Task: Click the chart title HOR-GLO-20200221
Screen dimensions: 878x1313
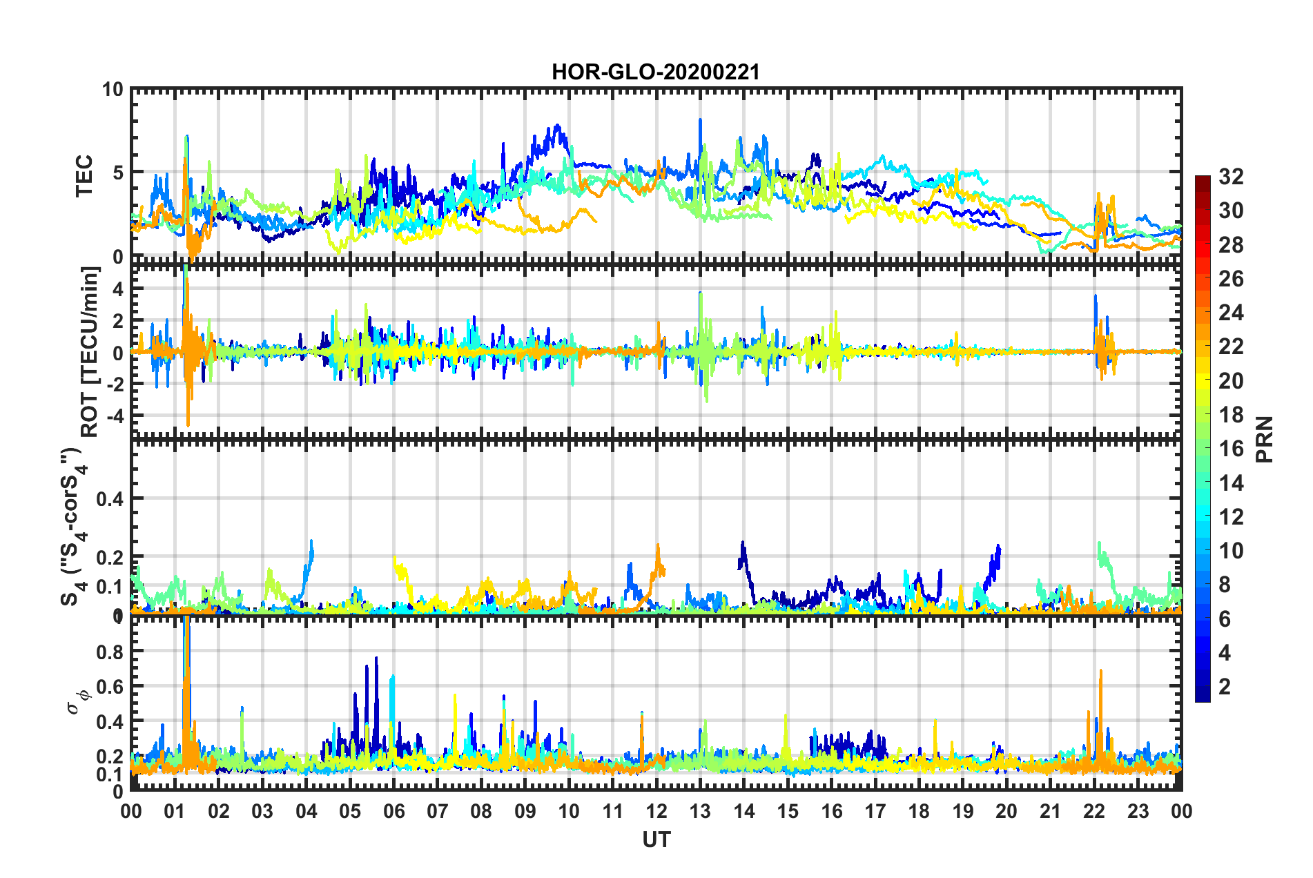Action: click(x=655, y=72)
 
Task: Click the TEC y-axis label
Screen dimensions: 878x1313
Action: click(x=84, y=176)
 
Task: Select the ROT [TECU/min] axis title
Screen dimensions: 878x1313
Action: click(x=90, y=352)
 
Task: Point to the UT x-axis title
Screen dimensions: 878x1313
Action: click(x=656, y=839)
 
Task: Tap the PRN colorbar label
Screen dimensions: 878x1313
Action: click(x=1265, y=440)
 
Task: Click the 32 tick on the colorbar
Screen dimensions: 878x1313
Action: click(x=1231, y=177)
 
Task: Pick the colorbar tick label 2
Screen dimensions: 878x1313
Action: click(x=1225, y=686)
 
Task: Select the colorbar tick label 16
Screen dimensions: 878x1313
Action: click(x=1231, y=449)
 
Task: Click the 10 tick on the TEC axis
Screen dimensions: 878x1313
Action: click(x=113, y=90)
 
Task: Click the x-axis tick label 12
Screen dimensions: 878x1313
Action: click(x=656, y=812)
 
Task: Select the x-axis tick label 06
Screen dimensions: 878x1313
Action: click(x=393, y=812)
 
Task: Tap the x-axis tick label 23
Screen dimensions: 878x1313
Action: click(x=1138, y=812)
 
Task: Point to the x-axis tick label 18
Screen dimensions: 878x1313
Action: click(x=919, y=812)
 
